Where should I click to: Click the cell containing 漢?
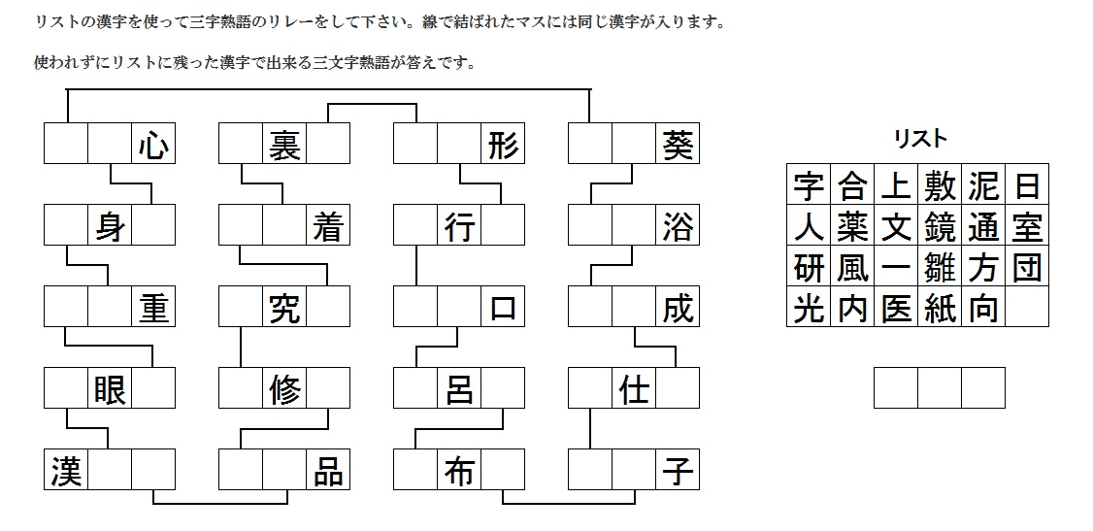coord(66,471)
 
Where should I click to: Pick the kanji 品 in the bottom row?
coord(328,471)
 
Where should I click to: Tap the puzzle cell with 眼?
coord(110,389)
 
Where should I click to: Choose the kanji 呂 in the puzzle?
coord(459,389)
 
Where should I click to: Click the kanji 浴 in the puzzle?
coord(678,226)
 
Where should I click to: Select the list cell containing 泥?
coord(982,184)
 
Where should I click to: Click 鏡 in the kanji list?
coord(939,226)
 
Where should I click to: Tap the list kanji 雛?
coord(939,267)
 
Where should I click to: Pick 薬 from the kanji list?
coord(851,226)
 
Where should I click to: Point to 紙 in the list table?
coord(939,308)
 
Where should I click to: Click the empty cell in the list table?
coord(1027,308)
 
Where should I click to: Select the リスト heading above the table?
coord(919,139)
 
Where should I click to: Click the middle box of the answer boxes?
coord(939,388)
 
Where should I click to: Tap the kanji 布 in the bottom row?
coord(459,471)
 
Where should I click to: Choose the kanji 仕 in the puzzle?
coord(634,389)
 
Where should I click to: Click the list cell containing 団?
coord(1027,267)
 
